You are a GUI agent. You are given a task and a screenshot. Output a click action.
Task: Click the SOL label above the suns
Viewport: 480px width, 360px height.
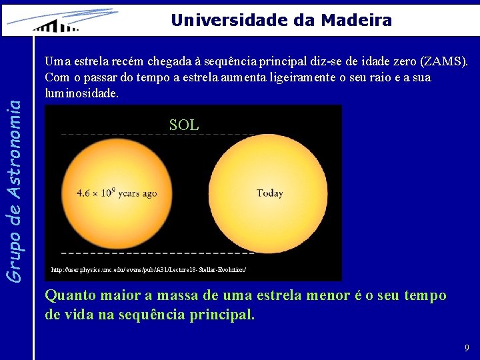[x=184, y=125]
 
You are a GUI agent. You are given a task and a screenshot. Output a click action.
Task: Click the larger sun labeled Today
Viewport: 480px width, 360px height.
[x=269, y=193]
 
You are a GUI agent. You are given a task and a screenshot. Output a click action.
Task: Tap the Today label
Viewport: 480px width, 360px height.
[x=269, y=193]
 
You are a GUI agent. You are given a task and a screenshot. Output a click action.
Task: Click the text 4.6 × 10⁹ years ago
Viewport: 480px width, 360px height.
[x=117, y=193]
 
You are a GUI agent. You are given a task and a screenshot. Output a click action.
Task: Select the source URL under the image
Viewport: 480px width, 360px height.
[x=149, y=270]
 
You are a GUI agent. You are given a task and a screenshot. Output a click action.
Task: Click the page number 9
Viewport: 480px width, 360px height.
[x=467, y=348]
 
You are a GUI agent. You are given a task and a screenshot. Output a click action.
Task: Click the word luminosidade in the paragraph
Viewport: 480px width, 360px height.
[x=81, y=93]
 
